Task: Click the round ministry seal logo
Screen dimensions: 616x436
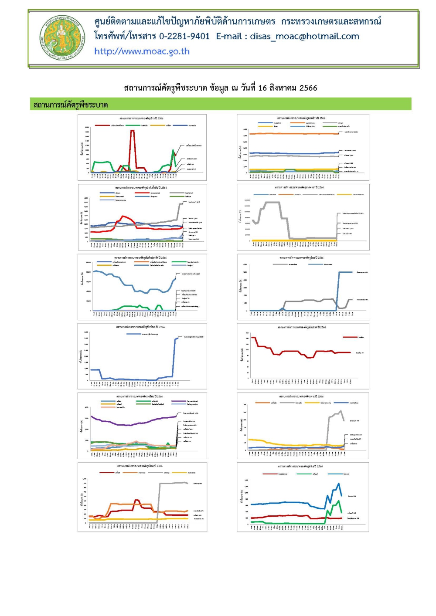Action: pos(63,39)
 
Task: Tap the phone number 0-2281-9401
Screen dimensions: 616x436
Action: pos(184,37)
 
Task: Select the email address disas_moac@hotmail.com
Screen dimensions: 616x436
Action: pos(304,37)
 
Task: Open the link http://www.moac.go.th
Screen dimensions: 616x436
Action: pos(142,51)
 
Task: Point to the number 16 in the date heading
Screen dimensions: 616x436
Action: pos(262,88)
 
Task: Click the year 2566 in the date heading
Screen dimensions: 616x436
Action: pos(308,88)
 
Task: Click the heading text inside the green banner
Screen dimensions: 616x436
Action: pos(71,105)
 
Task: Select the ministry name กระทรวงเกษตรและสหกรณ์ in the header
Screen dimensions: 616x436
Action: pos(331,21)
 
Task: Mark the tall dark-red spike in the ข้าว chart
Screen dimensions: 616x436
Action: pos(132,131)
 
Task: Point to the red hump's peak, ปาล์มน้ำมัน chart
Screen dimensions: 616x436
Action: pos(124,216)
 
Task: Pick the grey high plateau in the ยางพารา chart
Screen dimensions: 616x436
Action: pos(272,203)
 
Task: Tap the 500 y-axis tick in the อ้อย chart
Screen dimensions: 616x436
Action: pos(245,272)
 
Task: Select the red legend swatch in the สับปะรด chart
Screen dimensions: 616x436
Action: pos(350,337)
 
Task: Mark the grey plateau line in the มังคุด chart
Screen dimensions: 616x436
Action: pos(174,483)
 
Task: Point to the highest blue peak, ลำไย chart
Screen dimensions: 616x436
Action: pos(338,484)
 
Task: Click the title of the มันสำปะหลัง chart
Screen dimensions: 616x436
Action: pos(142,258)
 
